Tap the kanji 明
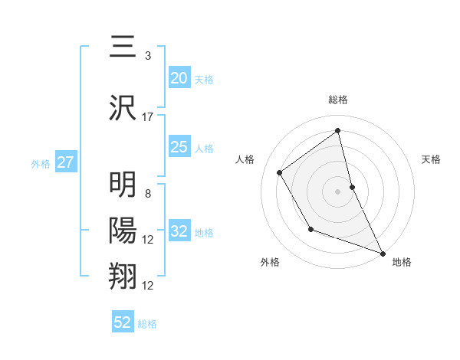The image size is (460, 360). coord(123,186)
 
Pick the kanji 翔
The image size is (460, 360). coord(123,275)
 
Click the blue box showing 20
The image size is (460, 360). coord(179,78)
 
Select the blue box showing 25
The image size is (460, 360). coord(179,147)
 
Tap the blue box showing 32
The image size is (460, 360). coord(179,232)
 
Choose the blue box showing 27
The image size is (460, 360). coord(65,163)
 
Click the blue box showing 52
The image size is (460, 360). coord(123,322)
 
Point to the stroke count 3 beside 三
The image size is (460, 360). coord(147,56)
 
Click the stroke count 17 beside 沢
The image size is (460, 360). coord(148,116)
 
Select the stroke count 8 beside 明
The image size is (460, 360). coord(147,194)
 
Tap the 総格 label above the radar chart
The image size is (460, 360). coord(338,100)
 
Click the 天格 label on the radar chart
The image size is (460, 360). coord(431,159)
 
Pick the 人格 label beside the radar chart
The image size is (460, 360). coord(245,159)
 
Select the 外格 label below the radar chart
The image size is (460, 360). coord(270,262)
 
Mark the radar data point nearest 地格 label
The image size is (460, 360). coord(383,253)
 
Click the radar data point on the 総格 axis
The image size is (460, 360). coord(338,130)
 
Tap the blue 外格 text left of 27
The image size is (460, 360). coord(41,164)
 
